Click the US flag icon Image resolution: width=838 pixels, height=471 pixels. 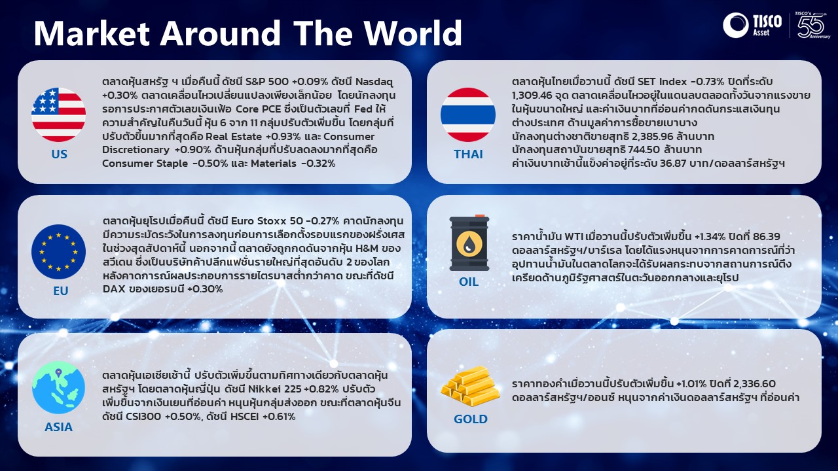(59, 115)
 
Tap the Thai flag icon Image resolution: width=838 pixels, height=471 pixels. (468, 115)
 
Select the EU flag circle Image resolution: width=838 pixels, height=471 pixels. (59, 252)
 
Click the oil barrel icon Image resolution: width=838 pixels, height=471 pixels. (469, 243)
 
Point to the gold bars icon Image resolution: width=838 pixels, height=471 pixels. (470, 387)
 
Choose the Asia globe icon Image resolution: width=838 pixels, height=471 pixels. (59, 387)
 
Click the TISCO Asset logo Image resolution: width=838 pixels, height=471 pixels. (752, 26)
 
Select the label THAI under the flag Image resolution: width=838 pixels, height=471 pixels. (468, 154)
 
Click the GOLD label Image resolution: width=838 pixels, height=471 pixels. (470, 419)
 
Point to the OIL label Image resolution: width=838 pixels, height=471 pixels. (469, 281)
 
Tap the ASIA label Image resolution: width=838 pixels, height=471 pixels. (58, 427)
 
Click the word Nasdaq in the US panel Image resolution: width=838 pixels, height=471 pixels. (374, 82)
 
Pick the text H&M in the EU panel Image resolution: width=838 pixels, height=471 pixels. (367, 248)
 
